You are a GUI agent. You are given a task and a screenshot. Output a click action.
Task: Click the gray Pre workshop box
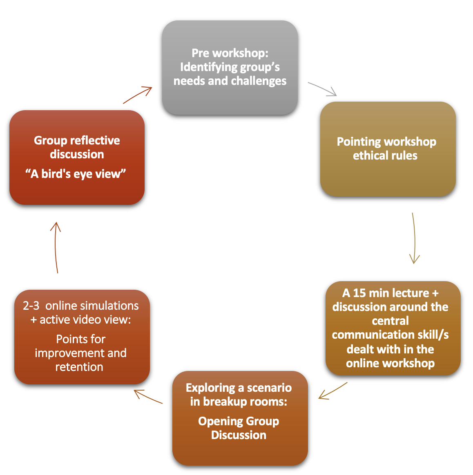(x=230, y=68)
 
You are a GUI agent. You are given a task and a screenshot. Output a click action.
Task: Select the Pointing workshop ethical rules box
(x=388, y=149)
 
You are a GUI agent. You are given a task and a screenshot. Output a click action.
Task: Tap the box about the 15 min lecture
(x=393, y=329)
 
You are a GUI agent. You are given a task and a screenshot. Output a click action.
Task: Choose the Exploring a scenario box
(x=240, y=418)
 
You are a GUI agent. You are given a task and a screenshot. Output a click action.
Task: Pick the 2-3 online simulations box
(x=82, y=337)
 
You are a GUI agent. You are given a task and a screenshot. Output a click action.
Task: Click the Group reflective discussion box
(x=77, y=158)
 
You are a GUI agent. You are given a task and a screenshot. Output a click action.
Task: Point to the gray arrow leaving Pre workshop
(x=322, y=89)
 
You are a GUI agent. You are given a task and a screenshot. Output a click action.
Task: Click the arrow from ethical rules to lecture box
(x=414, y=238)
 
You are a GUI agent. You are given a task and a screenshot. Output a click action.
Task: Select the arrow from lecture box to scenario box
(x=333, y=391)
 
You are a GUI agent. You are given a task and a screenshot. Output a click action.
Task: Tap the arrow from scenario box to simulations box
(x=148, y=397)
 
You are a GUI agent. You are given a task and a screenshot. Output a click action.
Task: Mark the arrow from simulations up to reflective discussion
(x=56, y=247)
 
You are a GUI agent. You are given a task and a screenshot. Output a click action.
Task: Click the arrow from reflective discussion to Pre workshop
(x=137, y=95)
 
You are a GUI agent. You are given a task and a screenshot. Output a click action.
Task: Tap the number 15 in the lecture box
(x=359, y=293)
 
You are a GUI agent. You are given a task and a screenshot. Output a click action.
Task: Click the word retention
(x=79, y=367)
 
